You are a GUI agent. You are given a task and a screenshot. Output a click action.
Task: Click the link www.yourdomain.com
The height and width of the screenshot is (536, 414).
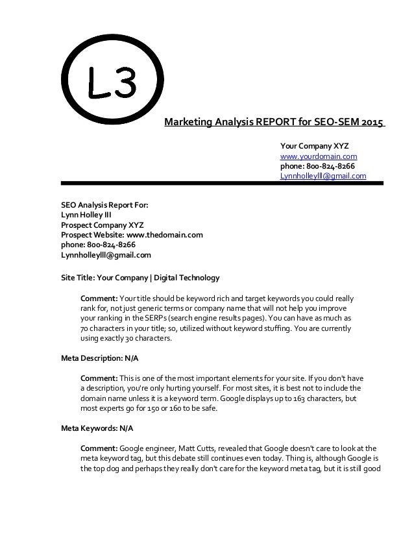click(x=318, y=156)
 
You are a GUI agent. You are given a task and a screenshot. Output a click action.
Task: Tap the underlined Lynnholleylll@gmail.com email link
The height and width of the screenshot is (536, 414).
click(x=323, y=176)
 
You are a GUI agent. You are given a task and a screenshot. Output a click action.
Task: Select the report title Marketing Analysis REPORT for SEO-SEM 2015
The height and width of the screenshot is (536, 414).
click(x=274, y=121)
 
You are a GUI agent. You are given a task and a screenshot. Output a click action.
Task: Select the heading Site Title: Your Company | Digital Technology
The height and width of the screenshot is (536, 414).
click(x=140, y=278)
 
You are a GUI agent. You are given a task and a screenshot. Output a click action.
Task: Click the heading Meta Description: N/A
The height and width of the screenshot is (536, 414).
click(x=100, y=358)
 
